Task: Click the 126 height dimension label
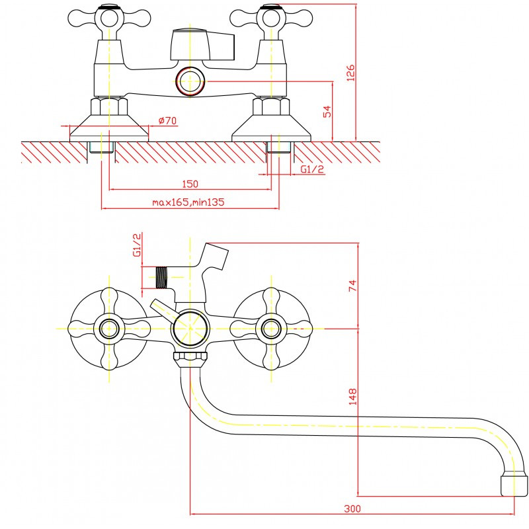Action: (x=351, y=73)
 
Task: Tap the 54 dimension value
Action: (x=327, y=112)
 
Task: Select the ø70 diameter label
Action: (x=167, y=120)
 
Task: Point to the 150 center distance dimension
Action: (x=190, y=184)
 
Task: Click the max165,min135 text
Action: (x=188, y=202)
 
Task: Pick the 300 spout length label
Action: (x=352, y=509)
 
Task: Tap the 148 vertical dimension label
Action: (x=352, y=397)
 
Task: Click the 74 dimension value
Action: (x=352, y=286)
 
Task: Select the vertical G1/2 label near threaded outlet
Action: (x=138, y=245)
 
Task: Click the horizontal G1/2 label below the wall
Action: (x=312, y=169)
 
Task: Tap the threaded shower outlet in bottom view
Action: (x=161, y=278)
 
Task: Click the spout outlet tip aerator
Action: (x=514, y=485)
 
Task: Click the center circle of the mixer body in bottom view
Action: (x=190, y=328)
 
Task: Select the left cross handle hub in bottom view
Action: (x=109, y=329)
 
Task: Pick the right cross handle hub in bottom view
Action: (x=271, y=329)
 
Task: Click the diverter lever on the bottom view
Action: (x=163, y=310)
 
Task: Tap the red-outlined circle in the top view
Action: (x=190, y=81)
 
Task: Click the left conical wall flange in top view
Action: (x=109, y=128)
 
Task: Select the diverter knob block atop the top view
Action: (x=202, y=45)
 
